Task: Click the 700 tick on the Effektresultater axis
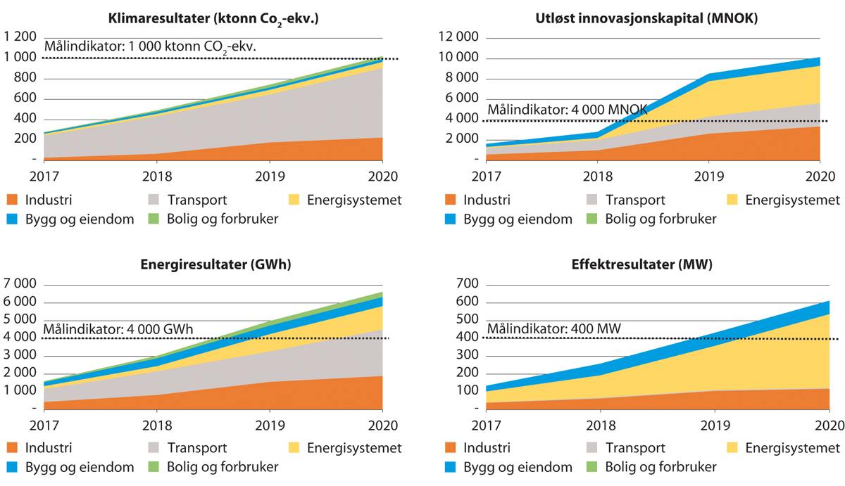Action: (x=466, y=284)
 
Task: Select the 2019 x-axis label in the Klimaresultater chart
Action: (x=269, y=176)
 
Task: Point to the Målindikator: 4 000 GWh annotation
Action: (x=118, y=328)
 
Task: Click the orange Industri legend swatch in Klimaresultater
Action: (x=12, y=200)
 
